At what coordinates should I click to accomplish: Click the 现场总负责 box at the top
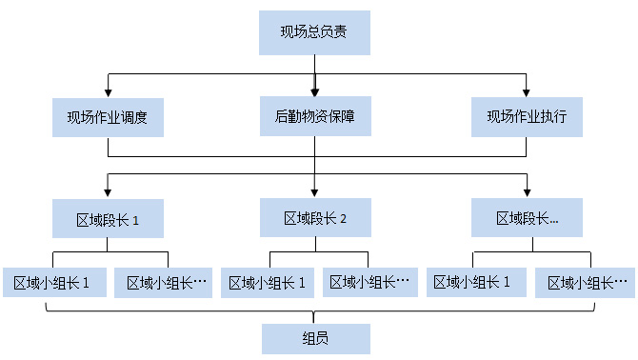point(313,32)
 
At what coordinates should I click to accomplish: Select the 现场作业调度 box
point(108,118)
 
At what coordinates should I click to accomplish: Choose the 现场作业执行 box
point(527,117)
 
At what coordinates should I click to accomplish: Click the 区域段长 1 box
point(108,220)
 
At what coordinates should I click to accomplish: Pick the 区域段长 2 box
point(314,218)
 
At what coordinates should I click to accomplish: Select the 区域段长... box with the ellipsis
point(527,219)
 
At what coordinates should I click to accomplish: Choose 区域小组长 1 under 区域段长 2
point(268,282)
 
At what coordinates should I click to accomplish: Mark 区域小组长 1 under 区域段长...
point(473,282)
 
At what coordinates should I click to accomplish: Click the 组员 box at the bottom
point(314,338)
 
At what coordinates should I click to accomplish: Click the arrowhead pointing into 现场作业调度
point(108,91)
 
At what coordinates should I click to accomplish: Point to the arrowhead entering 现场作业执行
point(527,91)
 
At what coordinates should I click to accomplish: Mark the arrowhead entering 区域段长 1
point(108,193)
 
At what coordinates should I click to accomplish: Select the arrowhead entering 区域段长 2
point(314,191)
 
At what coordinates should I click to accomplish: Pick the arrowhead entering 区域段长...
point(527,192)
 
